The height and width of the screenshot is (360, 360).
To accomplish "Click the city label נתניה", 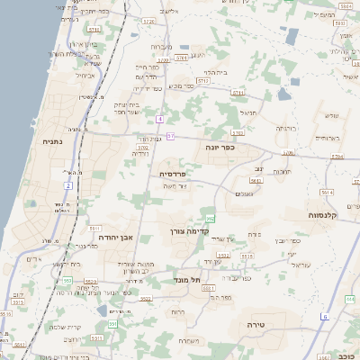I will pyautogui.click(x=52, y=141).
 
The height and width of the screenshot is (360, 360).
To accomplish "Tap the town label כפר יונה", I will pyautogui.click(x=220, y=147).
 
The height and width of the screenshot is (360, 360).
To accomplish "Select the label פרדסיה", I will pyautogui.click(x=173, y=173).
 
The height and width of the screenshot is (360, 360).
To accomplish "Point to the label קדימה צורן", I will pyautogui.click(x=189, y=230).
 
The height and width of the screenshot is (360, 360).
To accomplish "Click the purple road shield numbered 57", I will pyautogui.click(x=169, y=136).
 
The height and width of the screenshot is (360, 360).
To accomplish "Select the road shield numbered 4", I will pyautogui.click(x=159, y=119).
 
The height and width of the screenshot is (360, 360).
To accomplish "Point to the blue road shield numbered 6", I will pyautogui.click(x=325, y=316).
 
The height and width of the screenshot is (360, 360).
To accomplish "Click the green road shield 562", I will pyautogui.click(x=211, y=218).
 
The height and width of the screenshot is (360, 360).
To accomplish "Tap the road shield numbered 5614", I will pyautogui.click(x=327, y=192).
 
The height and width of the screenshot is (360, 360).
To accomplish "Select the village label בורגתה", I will pyautogui.click(x=285, y=129).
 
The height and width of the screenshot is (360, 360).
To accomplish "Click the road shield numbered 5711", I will pyautogui.click(x=238, y=93).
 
